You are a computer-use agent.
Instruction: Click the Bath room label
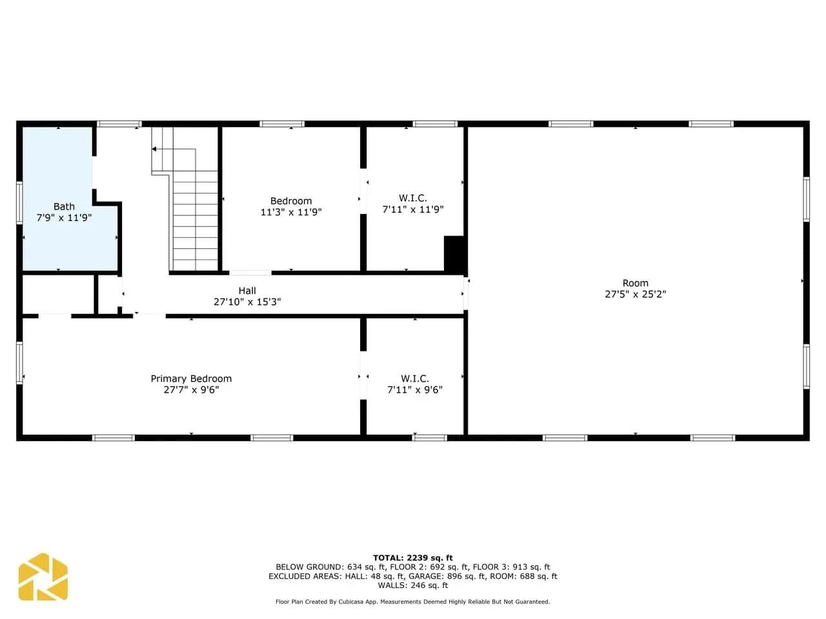64,206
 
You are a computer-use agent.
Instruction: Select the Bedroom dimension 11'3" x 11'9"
291,212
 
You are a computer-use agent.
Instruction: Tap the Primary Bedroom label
191,378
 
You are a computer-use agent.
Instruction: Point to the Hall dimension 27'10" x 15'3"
247,302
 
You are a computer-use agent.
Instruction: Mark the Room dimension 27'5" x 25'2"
635,294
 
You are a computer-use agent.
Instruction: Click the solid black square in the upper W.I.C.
454,253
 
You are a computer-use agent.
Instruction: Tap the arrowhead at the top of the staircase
154,149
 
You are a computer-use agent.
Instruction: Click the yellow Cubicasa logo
43,576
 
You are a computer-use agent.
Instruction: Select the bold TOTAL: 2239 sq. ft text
413,558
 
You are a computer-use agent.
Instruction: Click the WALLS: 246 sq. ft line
413,585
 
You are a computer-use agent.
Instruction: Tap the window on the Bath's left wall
19,202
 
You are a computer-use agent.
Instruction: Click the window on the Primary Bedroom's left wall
19,362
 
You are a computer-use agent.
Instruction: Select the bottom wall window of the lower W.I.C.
430,438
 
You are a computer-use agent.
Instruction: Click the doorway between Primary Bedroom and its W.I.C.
363,375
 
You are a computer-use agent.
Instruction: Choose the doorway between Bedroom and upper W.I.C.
363,192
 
